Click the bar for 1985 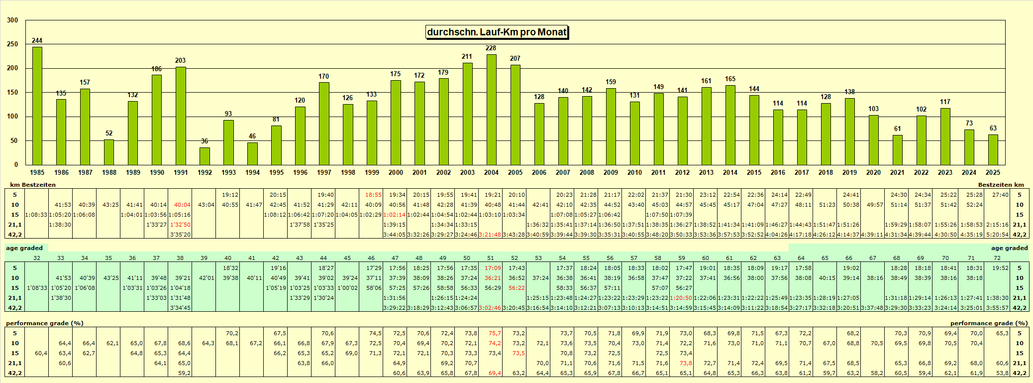[37, 106]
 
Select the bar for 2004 [491, 110]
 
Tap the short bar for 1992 [205, 156]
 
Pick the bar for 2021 [897, 150]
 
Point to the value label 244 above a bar [37, 40]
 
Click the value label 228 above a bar [491, 48]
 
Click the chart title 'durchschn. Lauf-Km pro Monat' [497, 32]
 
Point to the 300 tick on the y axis [12, 20]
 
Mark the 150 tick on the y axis [12, 92]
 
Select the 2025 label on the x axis [993, 172]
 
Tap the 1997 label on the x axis [324, 172]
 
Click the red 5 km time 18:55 [373, 195]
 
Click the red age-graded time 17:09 [493, 268]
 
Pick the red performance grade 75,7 [495, 333]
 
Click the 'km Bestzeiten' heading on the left [33, 185]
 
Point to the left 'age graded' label [24, 248]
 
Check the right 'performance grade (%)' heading [989, 323]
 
